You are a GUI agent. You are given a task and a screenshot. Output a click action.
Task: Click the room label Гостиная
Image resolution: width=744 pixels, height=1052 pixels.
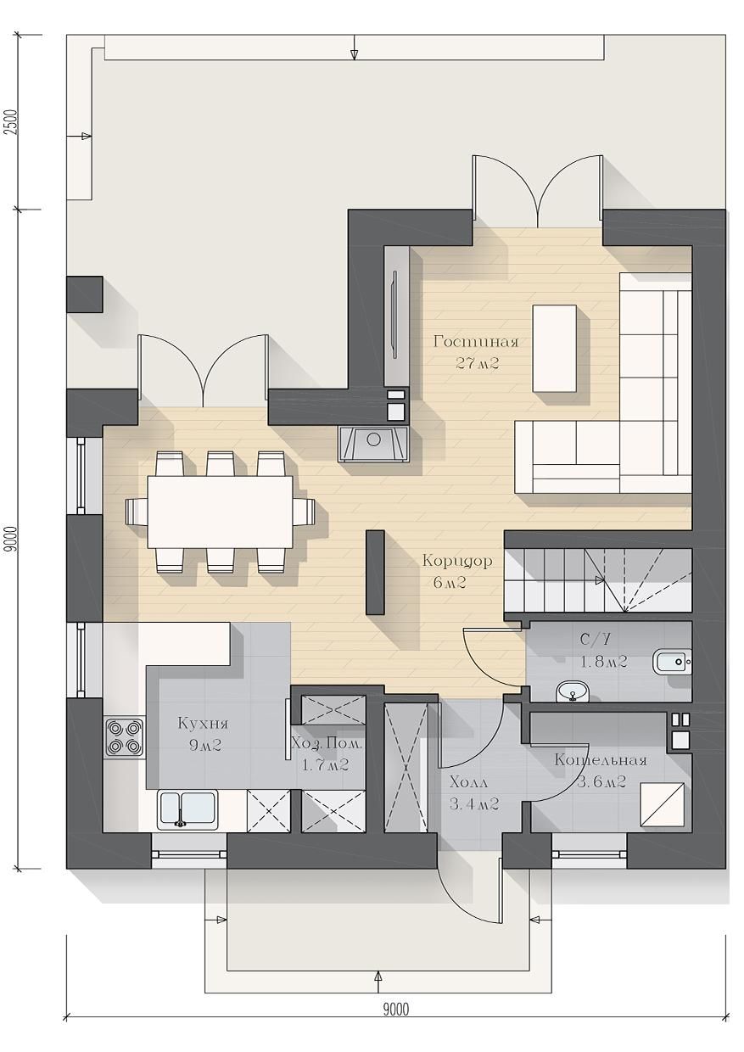476,341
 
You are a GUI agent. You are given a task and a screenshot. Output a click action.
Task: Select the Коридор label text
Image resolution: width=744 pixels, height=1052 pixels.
457,561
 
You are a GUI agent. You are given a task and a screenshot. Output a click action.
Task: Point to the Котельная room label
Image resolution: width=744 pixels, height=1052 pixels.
601,760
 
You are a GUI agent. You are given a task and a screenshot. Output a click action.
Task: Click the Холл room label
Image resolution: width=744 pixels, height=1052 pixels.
468,782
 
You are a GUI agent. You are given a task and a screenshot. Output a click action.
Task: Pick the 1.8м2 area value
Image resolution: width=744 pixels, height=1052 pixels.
603,662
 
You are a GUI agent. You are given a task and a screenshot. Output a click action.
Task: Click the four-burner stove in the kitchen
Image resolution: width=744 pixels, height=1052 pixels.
125,737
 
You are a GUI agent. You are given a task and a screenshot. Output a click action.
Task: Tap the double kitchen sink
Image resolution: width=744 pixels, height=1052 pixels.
187,810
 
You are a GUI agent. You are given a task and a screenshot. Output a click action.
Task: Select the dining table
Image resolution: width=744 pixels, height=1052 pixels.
220,512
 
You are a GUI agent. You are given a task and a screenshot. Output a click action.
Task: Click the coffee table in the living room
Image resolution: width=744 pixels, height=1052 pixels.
554,348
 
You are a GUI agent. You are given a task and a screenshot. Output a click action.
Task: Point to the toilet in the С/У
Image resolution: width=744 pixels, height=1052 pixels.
672,662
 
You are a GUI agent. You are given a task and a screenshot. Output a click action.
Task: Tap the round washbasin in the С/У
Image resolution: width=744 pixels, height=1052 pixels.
572,691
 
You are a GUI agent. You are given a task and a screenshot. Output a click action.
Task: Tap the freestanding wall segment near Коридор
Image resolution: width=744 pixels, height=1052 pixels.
375,572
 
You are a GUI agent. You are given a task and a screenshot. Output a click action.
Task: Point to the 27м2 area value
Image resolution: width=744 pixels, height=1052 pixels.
477,363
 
